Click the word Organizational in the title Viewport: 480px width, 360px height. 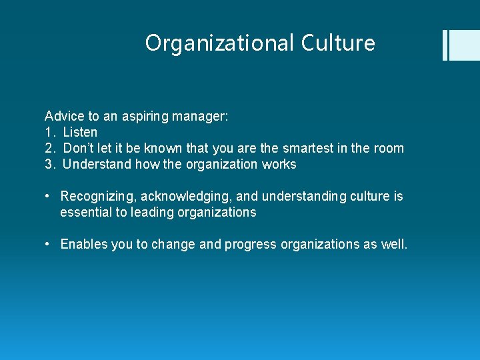(219, 43)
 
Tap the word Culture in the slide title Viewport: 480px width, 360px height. (338, 43)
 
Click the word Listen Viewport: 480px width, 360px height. (80, 132)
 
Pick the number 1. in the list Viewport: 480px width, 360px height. (49, 132)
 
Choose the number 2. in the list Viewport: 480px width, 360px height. (49, 148)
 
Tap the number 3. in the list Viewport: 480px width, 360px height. (49, 164)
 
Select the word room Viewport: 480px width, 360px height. (388, 148)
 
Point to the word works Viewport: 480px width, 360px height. (280, 164)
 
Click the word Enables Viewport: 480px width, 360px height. (84, 244)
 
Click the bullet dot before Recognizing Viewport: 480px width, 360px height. (49, 196)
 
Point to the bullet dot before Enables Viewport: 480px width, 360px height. (49, 244)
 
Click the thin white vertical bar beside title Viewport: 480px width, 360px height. (445, 45)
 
